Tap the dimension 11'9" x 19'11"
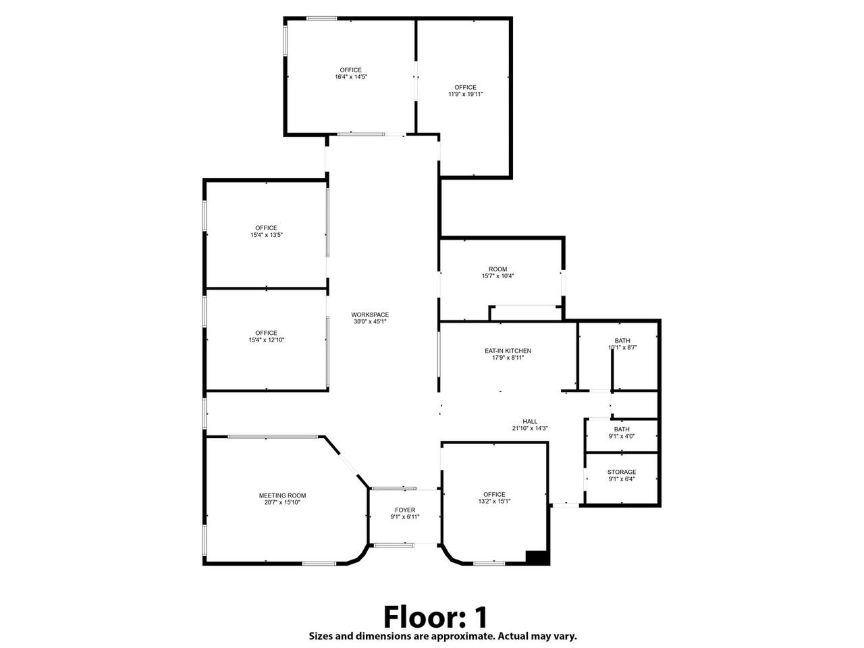coord(465,94)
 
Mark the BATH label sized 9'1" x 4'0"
coord(622,429)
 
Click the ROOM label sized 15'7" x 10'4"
coord(497,269)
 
